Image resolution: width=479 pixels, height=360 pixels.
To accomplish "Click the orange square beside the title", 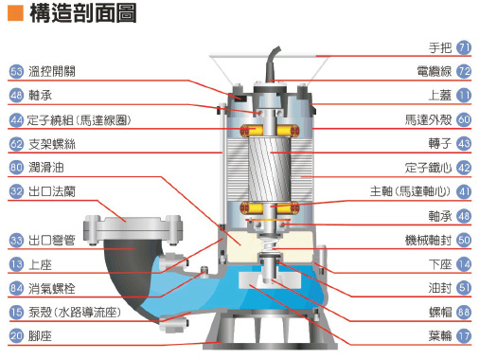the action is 15,13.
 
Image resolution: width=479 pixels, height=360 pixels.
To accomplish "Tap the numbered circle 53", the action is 16,71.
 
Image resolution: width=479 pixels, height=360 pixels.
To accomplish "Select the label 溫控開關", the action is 52,71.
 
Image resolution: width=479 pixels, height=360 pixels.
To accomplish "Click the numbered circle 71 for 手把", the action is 464,48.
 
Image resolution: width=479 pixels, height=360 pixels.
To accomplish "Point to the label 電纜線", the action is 435,71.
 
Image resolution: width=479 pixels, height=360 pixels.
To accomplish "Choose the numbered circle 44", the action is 16,120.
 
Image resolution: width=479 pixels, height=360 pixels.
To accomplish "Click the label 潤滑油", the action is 46,168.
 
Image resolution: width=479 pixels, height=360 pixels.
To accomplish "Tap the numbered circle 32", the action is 16,191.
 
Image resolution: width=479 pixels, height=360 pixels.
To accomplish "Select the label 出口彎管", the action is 52,241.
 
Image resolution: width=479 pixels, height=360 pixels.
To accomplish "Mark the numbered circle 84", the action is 16,288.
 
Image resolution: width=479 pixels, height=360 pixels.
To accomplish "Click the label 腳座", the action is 40,336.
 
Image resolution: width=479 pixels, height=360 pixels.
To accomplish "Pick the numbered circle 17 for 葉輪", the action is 464,336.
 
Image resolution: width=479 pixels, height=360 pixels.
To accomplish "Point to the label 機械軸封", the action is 428,241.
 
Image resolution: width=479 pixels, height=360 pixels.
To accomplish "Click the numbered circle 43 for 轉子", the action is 464,144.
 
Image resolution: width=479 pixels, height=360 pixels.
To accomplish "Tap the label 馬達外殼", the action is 428,120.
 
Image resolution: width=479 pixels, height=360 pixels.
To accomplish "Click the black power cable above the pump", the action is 271,64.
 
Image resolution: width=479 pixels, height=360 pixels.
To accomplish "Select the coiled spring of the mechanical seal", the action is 269,244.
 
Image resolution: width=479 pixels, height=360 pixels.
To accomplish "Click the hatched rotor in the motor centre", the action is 269,169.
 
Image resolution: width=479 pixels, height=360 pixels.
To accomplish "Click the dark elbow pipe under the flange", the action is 126,272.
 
